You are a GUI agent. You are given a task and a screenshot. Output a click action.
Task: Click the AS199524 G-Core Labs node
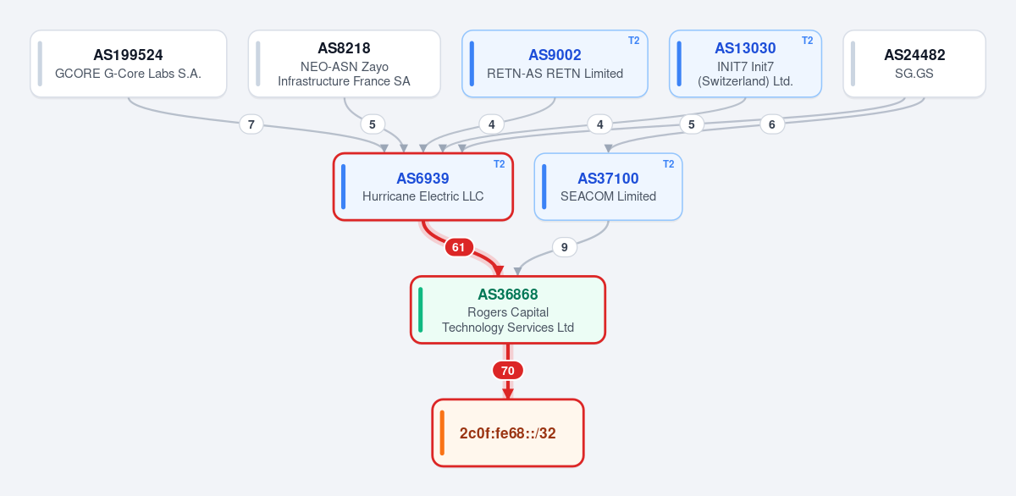tap(129, 63)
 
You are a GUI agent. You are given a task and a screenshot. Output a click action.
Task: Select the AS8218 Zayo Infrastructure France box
tap(345, 63)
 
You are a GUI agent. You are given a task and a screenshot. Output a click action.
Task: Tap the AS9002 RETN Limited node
tap(555, 63)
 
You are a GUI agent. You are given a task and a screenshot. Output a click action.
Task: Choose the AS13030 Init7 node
tap(745, 63)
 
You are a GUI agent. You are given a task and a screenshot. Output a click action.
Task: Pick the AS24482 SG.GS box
tap(914, 63)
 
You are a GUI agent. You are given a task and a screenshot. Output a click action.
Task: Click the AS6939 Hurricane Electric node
tap(422, 187)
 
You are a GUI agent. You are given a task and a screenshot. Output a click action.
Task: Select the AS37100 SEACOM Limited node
tap(608, 187)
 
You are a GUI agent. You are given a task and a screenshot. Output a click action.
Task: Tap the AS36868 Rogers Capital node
tap(507, 310)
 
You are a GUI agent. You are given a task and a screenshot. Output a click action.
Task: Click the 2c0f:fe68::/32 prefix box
tap(507, 433)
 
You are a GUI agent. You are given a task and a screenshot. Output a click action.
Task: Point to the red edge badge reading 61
tap(459, 247)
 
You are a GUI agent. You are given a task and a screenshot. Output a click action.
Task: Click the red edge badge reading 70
tap(507, 371)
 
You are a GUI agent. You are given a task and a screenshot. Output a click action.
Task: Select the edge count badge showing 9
tap(564, 247)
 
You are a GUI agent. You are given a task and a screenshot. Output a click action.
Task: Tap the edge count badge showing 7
tap(251, 124)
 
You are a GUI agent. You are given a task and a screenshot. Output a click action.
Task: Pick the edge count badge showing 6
tap(772, 124)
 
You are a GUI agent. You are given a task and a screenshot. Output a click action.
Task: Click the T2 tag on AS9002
tap(633, 41)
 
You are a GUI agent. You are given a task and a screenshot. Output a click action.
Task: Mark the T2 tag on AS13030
tap(808, 41)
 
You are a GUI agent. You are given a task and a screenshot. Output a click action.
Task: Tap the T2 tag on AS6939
tap(499, 164)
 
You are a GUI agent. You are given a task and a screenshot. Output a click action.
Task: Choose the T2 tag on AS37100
tap(668, 164)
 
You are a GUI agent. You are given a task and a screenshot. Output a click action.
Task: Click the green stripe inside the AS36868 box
tap(421, 310)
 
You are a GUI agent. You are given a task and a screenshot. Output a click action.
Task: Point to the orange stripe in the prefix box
tap(442, 433)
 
